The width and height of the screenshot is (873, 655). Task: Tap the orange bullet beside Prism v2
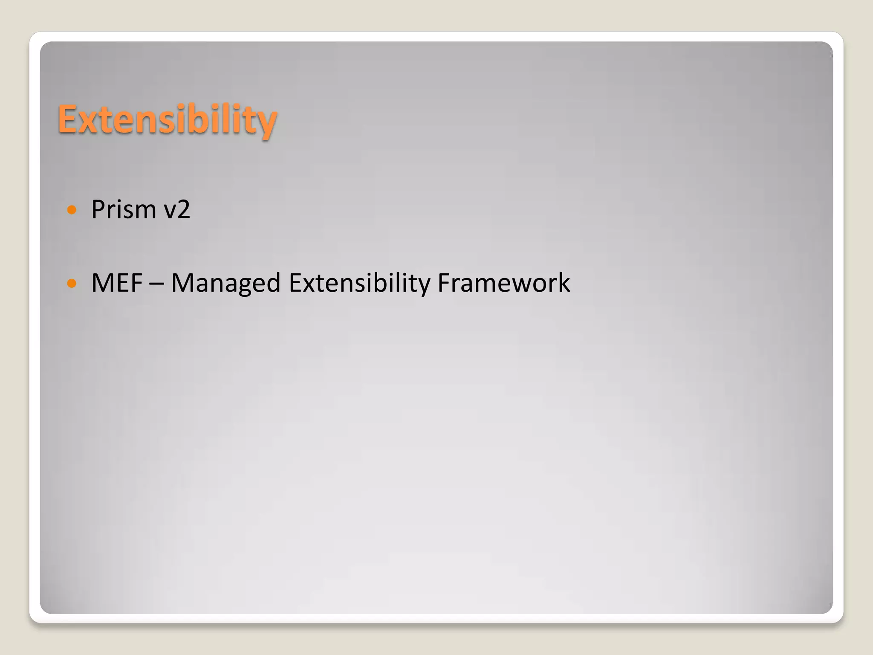coord(72,210)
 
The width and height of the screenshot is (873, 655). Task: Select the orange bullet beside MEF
coord(72,283)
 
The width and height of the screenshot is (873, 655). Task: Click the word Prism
coord(124,209)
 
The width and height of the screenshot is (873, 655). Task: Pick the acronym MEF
coord(117,283)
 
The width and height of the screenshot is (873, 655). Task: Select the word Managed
coord(225,284)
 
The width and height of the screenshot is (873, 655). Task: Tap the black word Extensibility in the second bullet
coord(359,284)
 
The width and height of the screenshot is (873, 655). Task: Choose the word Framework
coord(503,283)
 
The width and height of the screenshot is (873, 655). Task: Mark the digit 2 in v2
coord(183,209)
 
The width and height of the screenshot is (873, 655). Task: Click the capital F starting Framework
coord(444,283)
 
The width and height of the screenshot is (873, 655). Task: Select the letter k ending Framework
coord(564,283)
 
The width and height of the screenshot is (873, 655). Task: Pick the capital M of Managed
coord(183,283)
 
